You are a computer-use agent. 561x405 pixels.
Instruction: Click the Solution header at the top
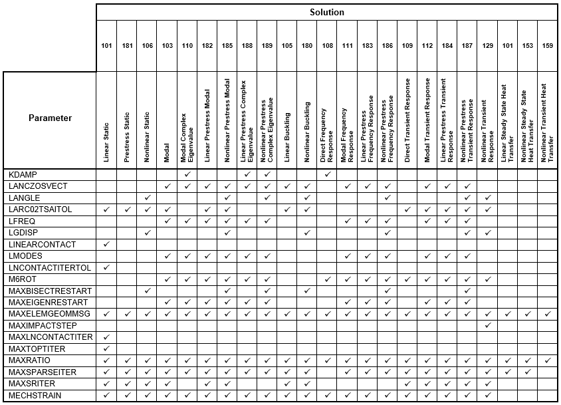coord(326,12)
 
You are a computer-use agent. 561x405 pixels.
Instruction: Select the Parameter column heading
coord(50,118)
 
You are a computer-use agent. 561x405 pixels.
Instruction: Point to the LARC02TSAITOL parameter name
coord(40,209)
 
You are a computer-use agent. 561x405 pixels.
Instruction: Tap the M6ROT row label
coord(23,279)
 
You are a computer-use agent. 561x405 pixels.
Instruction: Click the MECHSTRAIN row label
coord(35,396)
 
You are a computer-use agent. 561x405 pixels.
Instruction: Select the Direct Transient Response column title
coord(407,120)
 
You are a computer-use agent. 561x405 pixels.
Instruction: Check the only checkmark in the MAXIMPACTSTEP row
coord(487,325)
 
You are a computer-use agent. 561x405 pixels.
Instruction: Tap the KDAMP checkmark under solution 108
coord(327,174)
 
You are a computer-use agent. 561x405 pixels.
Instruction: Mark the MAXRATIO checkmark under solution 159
coord(548,360)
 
